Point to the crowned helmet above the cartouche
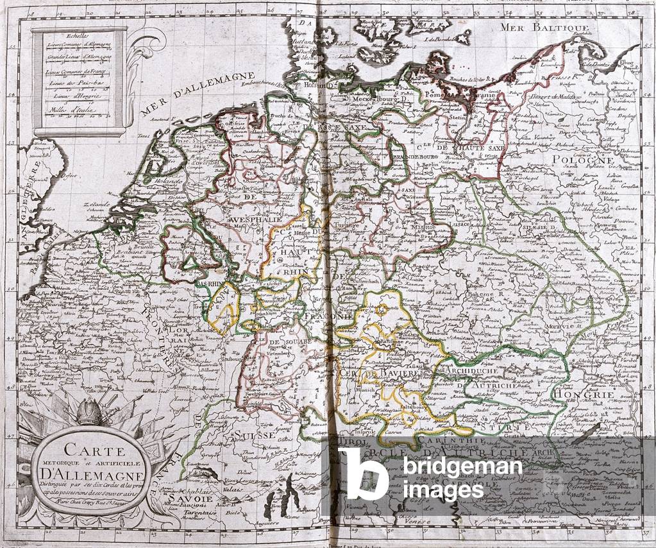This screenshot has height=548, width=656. coord(90,411)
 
